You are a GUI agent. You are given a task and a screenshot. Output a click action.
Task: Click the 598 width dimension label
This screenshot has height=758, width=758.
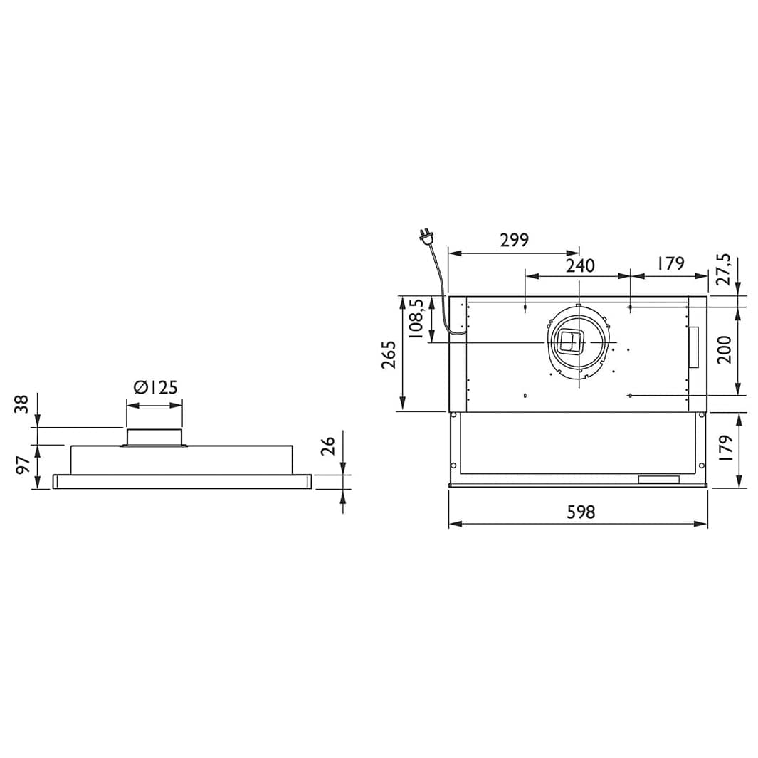[581, 512]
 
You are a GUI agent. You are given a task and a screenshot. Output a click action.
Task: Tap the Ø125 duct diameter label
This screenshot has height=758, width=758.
[156, 387]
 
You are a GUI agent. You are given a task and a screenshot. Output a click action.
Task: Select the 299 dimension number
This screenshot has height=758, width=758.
[515, 240]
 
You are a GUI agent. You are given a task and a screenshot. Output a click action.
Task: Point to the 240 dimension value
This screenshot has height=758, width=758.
[580, 265]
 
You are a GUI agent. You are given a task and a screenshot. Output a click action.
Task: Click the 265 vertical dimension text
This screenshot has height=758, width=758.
[389, 355]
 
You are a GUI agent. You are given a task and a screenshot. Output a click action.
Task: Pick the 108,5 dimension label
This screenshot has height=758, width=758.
[416, 318]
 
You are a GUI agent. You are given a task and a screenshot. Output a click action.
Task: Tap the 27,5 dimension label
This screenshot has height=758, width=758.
[724, 269]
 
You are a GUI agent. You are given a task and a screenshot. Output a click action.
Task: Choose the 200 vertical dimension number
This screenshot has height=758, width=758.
[724, 349]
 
